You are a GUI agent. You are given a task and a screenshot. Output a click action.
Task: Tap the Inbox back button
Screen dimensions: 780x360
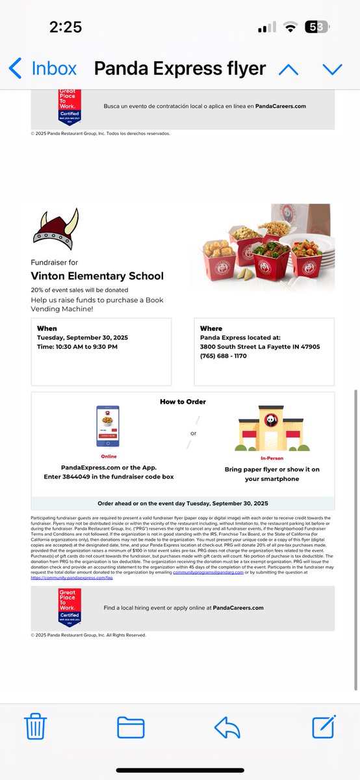click(42, 68)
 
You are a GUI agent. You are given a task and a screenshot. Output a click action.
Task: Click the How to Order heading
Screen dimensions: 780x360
click(183, 402)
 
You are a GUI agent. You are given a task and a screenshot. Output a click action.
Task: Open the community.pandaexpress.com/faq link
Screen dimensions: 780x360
click(71, 577)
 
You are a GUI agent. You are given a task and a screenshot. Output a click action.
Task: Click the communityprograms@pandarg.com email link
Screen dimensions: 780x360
click(206, 572)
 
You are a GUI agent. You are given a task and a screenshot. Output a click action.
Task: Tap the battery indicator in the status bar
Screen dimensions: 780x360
click(316, 27)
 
